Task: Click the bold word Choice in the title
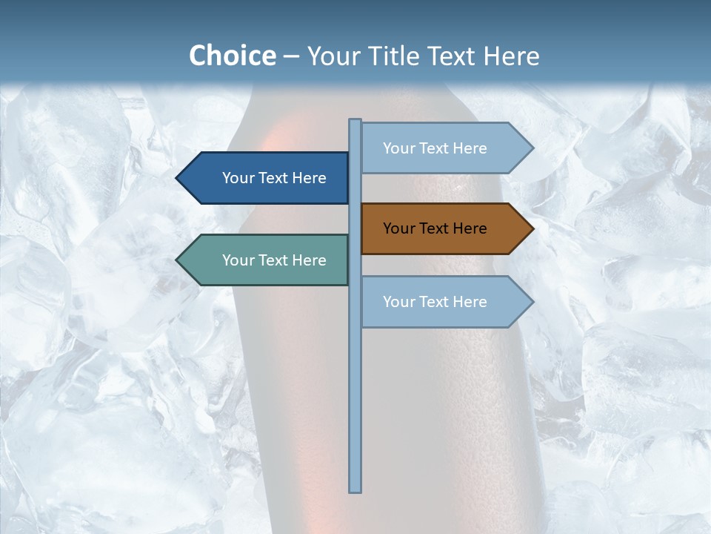pyautogui.click(x=232, y=56)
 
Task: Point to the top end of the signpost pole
pyautogui.click(x=355, y=121)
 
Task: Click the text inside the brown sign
pyautogui.click(x=435, y=228)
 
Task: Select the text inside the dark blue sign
pyautogui.click(x=274, y=178)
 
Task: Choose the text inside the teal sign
pyautogui.click(x=274, y=260)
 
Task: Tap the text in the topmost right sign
pyautogui.click(x=435, y=148)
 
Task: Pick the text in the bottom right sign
pyautogui.click(x=435, y=302)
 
